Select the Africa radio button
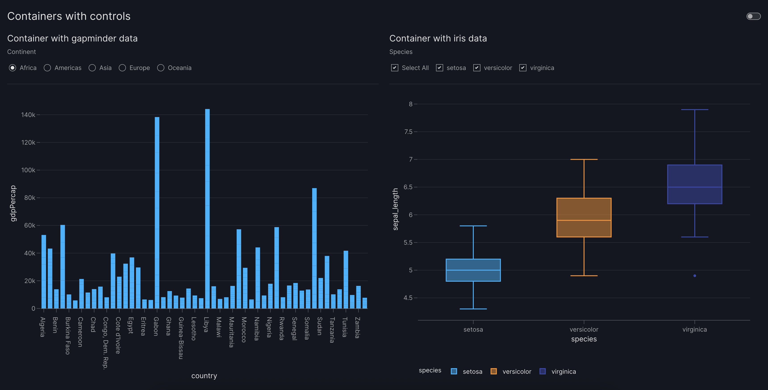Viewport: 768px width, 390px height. pos(13,68)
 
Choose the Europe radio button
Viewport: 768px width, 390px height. pos(122,68)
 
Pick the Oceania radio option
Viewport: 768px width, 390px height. pos(161,68)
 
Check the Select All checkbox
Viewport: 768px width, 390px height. pos(394,68)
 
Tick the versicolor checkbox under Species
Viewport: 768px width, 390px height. pos(477,68)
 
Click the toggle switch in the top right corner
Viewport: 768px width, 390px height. pos(753,16)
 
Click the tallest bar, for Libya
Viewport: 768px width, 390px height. pos(207,208)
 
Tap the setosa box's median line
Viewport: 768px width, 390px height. pos(473,270)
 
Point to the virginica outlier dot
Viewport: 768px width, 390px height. pos(695,276)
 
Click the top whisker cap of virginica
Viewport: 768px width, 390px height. pos(695,110)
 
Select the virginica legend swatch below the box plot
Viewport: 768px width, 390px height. pos(543,371)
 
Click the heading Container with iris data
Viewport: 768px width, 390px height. pos(438,38)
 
